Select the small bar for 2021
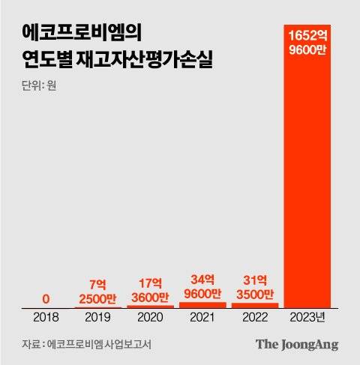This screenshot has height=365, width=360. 202,304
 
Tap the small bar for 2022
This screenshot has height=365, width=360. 254,305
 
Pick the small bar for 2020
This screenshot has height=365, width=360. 151,306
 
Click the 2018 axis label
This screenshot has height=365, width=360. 47,317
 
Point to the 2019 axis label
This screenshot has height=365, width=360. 99,317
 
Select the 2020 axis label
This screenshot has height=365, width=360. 151,317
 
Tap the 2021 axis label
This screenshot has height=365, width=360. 202,317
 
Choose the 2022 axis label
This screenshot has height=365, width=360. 254,317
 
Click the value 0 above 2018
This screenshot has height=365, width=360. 47,299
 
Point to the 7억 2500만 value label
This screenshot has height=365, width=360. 99,292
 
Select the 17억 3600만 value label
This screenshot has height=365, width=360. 151,290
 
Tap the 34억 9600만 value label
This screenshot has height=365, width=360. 202,288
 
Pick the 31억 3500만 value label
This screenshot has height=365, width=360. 254,288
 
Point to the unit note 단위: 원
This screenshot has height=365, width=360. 39,85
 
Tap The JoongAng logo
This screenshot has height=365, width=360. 297,345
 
